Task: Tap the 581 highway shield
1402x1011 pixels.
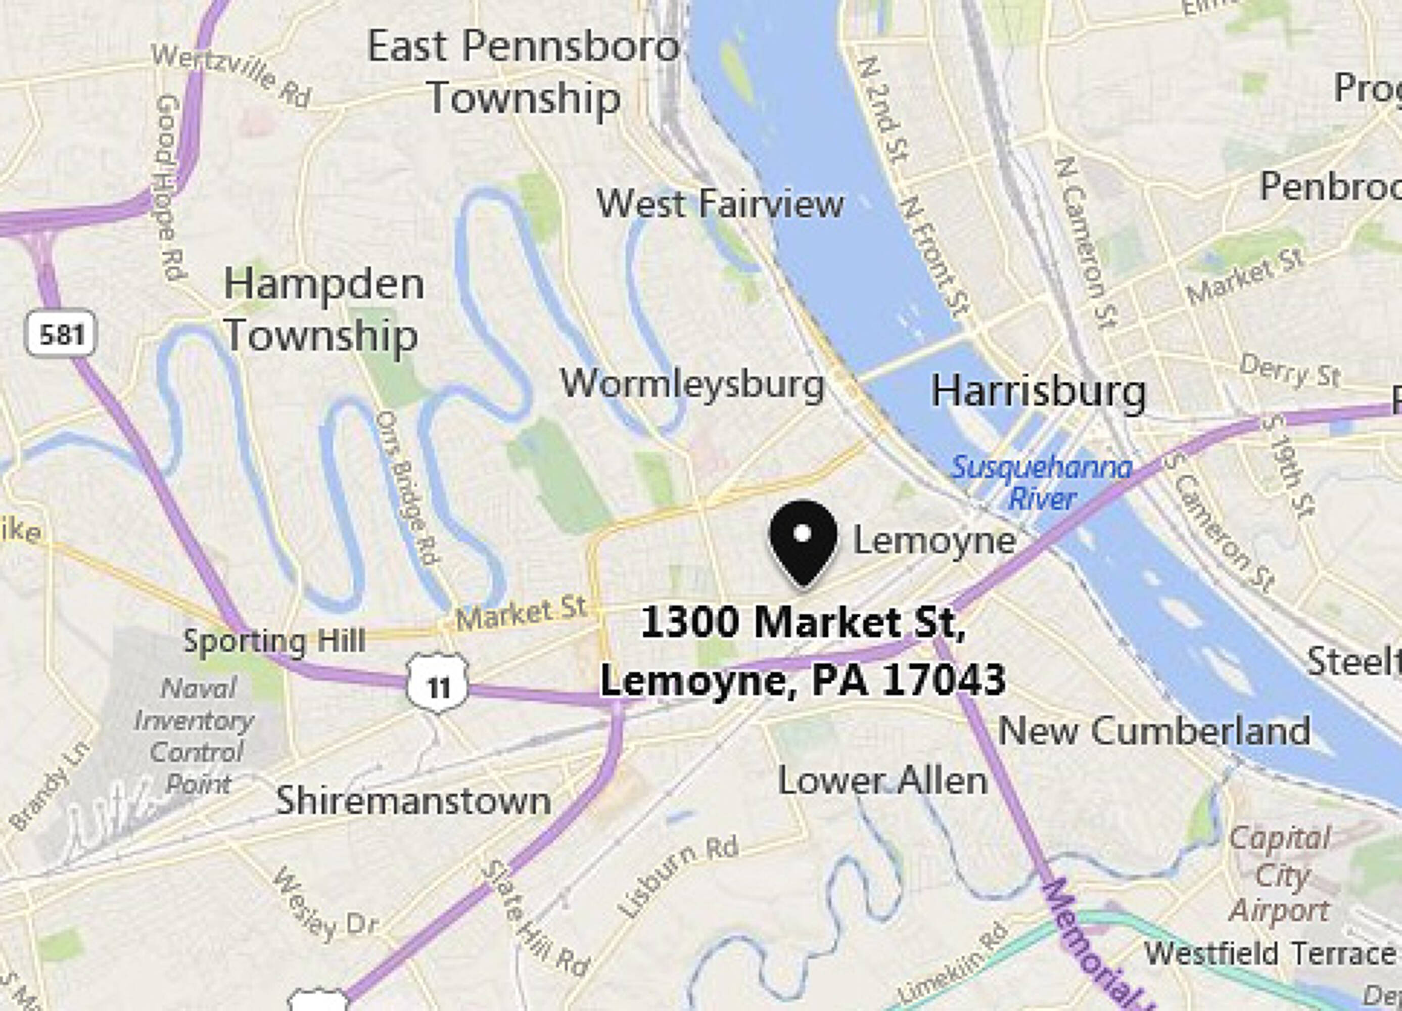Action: [61, 334]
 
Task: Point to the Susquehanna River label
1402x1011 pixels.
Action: [1042, 482]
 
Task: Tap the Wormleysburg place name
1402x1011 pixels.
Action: [692, 385]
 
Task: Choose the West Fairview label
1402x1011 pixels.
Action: [720, 204]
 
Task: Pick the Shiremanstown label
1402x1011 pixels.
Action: [413, 800]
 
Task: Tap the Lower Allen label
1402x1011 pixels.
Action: [882, 781]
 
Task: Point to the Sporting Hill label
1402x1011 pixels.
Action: [274, 640]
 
